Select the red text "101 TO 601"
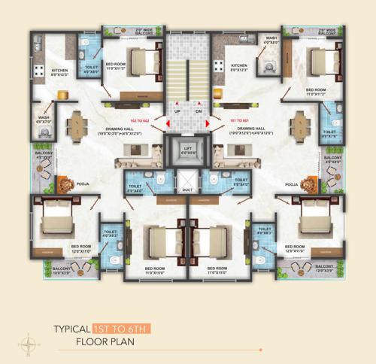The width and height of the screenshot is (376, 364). pos(234,121)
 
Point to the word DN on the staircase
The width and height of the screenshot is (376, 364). pos(199,111)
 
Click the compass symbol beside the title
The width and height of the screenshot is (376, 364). pos(29,344)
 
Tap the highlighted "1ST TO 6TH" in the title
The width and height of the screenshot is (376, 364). pos(123,329)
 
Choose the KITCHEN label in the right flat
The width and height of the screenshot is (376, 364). pos(239,66)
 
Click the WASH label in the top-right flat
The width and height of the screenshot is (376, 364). pos(271,38)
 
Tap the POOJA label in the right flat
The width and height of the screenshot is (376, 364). pos(292,183)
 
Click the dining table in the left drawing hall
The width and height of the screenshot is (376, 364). pos(75,123)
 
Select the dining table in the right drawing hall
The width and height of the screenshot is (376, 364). pos(300,123)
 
